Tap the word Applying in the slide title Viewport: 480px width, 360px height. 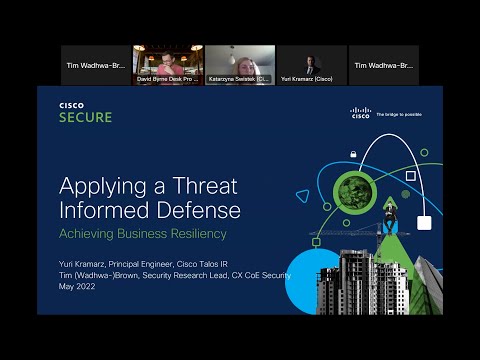click(99, 186)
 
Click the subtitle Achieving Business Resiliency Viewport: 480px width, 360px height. click(142, 233)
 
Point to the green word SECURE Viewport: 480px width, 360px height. click(84, 117)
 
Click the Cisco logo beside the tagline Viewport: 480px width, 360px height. click(360, 113)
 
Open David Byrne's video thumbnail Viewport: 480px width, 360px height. click(168, 65)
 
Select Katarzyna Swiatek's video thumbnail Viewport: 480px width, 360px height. click(240, 65)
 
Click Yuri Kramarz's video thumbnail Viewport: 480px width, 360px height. click(312, 65)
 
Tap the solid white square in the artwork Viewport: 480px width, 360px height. click(425, 222)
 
